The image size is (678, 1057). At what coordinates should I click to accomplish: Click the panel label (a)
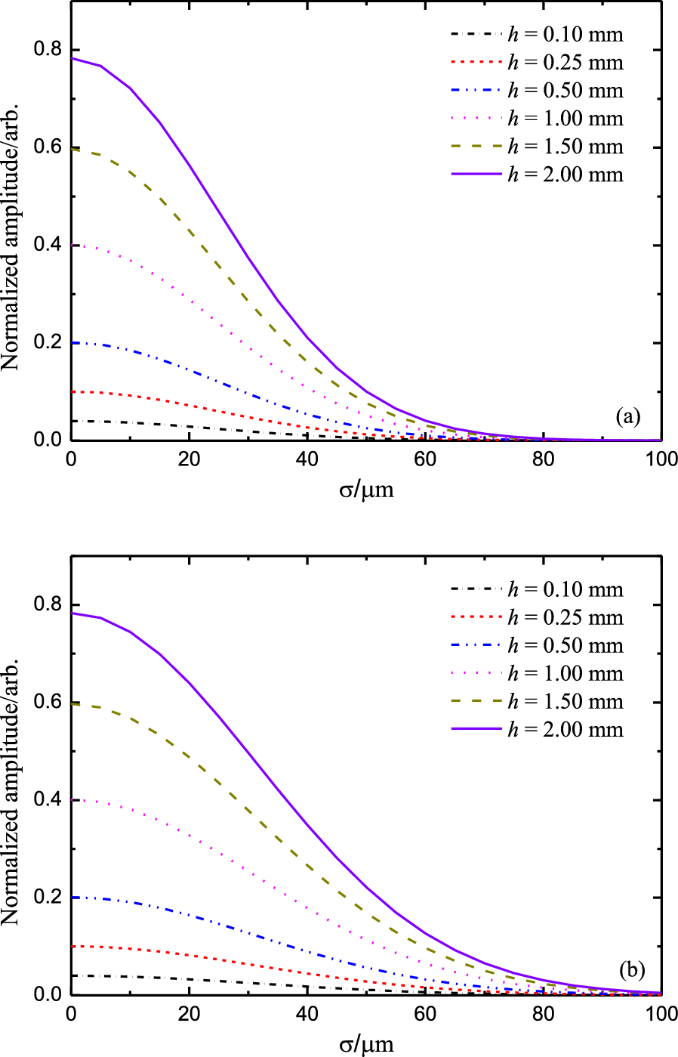coord(628,416)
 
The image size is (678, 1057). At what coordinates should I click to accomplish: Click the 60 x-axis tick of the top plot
coord(426,459)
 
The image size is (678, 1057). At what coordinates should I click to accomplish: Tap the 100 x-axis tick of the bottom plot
coord(661,1014)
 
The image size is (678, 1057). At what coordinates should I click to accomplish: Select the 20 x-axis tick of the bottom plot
coord(190,1014)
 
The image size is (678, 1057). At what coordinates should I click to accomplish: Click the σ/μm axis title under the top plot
coord(366,490)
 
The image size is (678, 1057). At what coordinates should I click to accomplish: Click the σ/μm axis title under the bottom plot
coord(366,1044)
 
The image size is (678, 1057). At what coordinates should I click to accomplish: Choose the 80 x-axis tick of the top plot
coord(544,459)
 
